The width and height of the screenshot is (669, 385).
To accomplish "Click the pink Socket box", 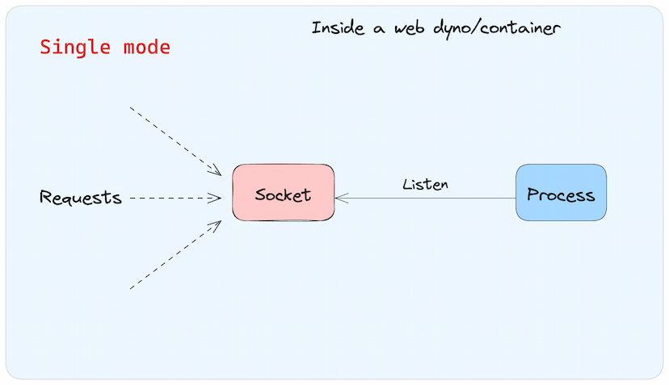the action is [x=284, y=192].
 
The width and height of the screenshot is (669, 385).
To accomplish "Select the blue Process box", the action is [x=561, y=192].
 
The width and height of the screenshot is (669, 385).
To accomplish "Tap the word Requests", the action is [x=81, y=198].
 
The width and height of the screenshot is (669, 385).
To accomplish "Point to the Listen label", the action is [x=425, y=184].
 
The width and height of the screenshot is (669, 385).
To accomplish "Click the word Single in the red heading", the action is [x=75, y=48].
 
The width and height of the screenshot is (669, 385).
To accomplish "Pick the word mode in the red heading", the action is [x=147, y=47].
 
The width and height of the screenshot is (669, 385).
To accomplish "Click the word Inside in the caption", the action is [x=338, y=27].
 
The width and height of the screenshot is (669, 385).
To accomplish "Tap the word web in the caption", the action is [x=410, y=28].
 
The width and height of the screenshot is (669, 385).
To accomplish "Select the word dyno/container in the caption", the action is [x=497, y=29].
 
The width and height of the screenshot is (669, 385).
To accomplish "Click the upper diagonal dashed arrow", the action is [x=175, y=141].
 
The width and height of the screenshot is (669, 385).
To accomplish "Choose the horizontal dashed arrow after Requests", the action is [x=175, y=198].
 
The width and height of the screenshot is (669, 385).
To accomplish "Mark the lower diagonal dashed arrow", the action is [x=175, y=254].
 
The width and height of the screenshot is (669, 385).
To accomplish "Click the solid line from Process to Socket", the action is [x=425, y=198].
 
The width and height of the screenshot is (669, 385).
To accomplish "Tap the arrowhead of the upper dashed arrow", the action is [x=216, y=170].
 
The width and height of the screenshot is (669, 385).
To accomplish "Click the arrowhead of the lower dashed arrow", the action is [x=216, y=225].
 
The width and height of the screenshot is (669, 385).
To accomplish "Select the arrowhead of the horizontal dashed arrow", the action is [x=216, y=198].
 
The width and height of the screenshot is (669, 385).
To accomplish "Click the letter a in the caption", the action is [x=379, y=29].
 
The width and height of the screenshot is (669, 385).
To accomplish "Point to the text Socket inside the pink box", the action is [x=283, y=195].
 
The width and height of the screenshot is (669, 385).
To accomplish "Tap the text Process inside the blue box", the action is [x=561, y=195].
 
